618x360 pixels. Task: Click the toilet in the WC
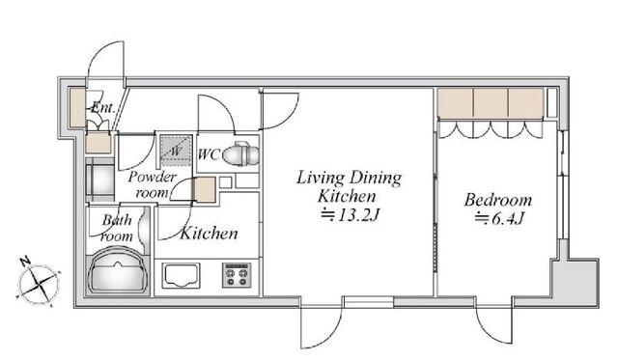pyautogui.click(x=241, y=154)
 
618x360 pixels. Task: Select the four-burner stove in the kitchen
pyautogui.click(x=237, y=275)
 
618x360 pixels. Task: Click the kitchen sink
pyautogui.click(x=182, y=275)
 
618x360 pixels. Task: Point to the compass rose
pyautogui.click(x=39, y=284)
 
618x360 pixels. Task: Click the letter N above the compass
pyautogui.click(x=26, y=262)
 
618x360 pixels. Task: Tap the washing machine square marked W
pyautogui.click(x=176, y=150)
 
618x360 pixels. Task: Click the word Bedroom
pyautogui.click(x=498, y=200)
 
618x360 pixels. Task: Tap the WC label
pyautogui.click(x=209, y=154)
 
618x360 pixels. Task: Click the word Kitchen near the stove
pyautogui.click(x=209, y=234)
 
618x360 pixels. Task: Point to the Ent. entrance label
pyautogui.click(x=103, y=107)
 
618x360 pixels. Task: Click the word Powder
pyautogui.click(x=153, y=177)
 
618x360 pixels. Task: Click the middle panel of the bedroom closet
pyautogui.click(x=491, y=103)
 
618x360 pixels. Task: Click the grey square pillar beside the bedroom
pyautogui.click(x=576, y=282)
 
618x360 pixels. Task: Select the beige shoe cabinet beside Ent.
pyautogui.click(x=77, y=108)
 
